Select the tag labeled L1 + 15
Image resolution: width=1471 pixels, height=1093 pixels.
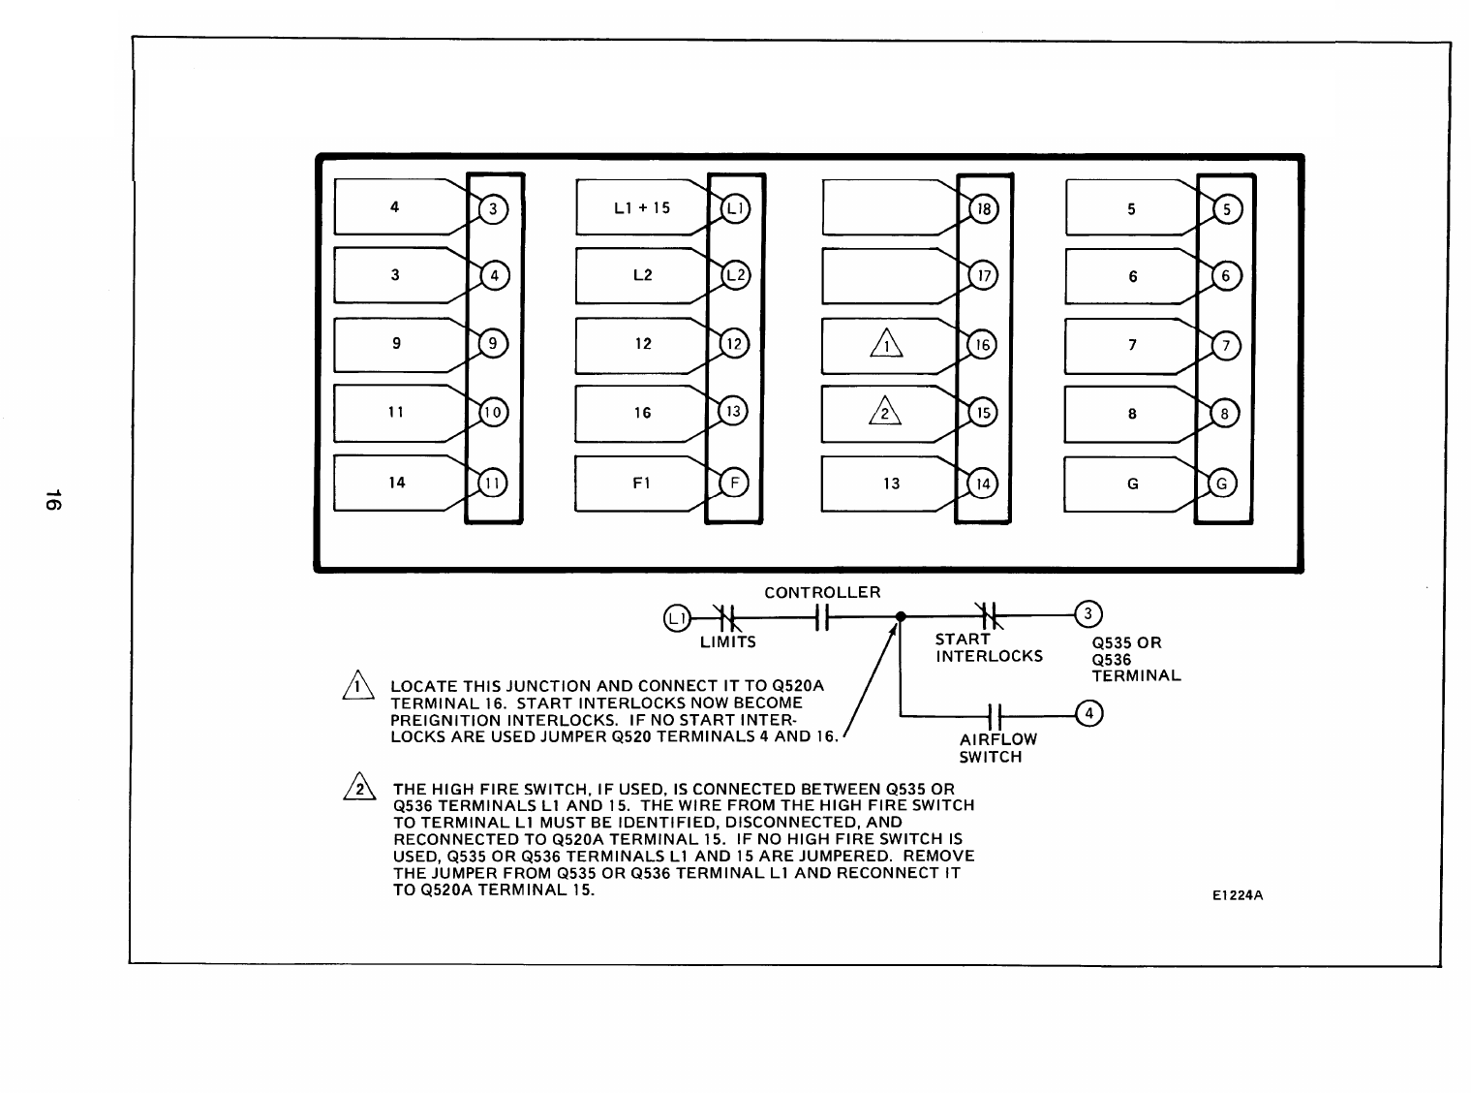[642, 207]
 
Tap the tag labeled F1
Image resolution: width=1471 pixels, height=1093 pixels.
[640, 483]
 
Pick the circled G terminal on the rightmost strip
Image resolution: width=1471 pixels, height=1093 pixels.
[1222, 484]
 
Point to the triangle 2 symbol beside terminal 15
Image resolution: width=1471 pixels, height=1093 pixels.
[884, 413]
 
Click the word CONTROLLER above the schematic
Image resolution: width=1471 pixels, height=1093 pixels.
[822, 592]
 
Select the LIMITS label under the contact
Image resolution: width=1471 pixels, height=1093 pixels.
[727, 641]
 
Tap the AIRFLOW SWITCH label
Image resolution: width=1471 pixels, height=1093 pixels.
[997, 748]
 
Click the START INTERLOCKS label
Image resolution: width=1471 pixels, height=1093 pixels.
[988, 648]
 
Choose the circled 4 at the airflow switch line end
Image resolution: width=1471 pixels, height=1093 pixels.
[1089, 714]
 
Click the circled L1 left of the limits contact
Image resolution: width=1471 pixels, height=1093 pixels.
[676, 616]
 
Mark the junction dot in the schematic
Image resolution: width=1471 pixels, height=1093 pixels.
[900, 616]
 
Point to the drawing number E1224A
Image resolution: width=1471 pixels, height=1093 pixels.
[1238, 895]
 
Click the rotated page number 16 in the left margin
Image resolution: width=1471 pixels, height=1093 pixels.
[54, 500]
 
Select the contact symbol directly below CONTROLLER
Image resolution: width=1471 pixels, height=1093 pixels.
[822, 616]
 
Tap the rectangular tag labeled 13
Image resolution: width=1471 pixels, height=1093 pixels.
[891, 483]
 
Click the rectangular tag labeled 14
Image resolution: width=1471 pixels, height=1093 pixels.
[396, 483]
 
